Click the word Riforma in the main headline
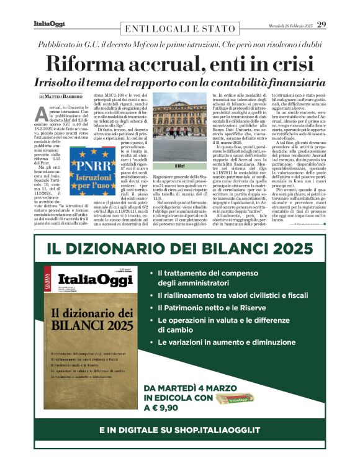click(x=86, y=63)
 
